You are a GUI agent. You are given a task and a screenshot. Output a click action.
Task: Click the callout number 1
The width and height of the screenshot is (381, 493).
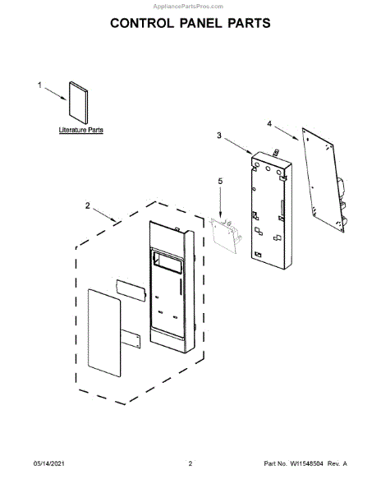(x=39, y=85)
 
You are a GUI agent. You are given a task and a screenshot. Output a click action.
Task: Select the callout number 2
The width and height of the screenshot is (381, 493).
(x=87, y=205)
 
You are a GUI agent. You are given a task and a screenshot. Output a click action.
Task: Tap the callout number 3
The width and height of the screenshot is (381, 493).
(x=219, y=136)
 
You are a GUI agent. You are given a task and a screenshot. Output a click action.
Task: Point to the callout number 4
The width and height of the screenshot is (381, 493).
(x=269, y=123)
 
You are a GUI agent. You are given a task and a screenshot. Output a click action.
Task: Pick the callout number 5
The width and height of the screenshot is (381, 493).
(x=220, y=182)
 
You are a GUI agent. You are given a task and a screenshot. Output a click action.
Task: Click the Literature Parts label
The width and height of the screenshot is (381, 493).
(x=81, y=130)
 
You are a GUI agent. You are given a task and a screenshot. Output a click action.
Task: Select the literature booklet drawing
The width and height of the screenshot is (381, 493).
(x=79, y=103)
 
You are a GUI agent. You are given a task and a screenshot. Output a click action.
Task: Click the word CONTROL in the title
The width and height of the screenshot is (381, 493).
(x=142, y=23)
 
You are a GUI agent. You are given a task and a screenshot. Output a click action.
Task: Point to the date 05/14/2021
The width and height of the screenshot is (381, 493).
(x=49, y=463)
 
